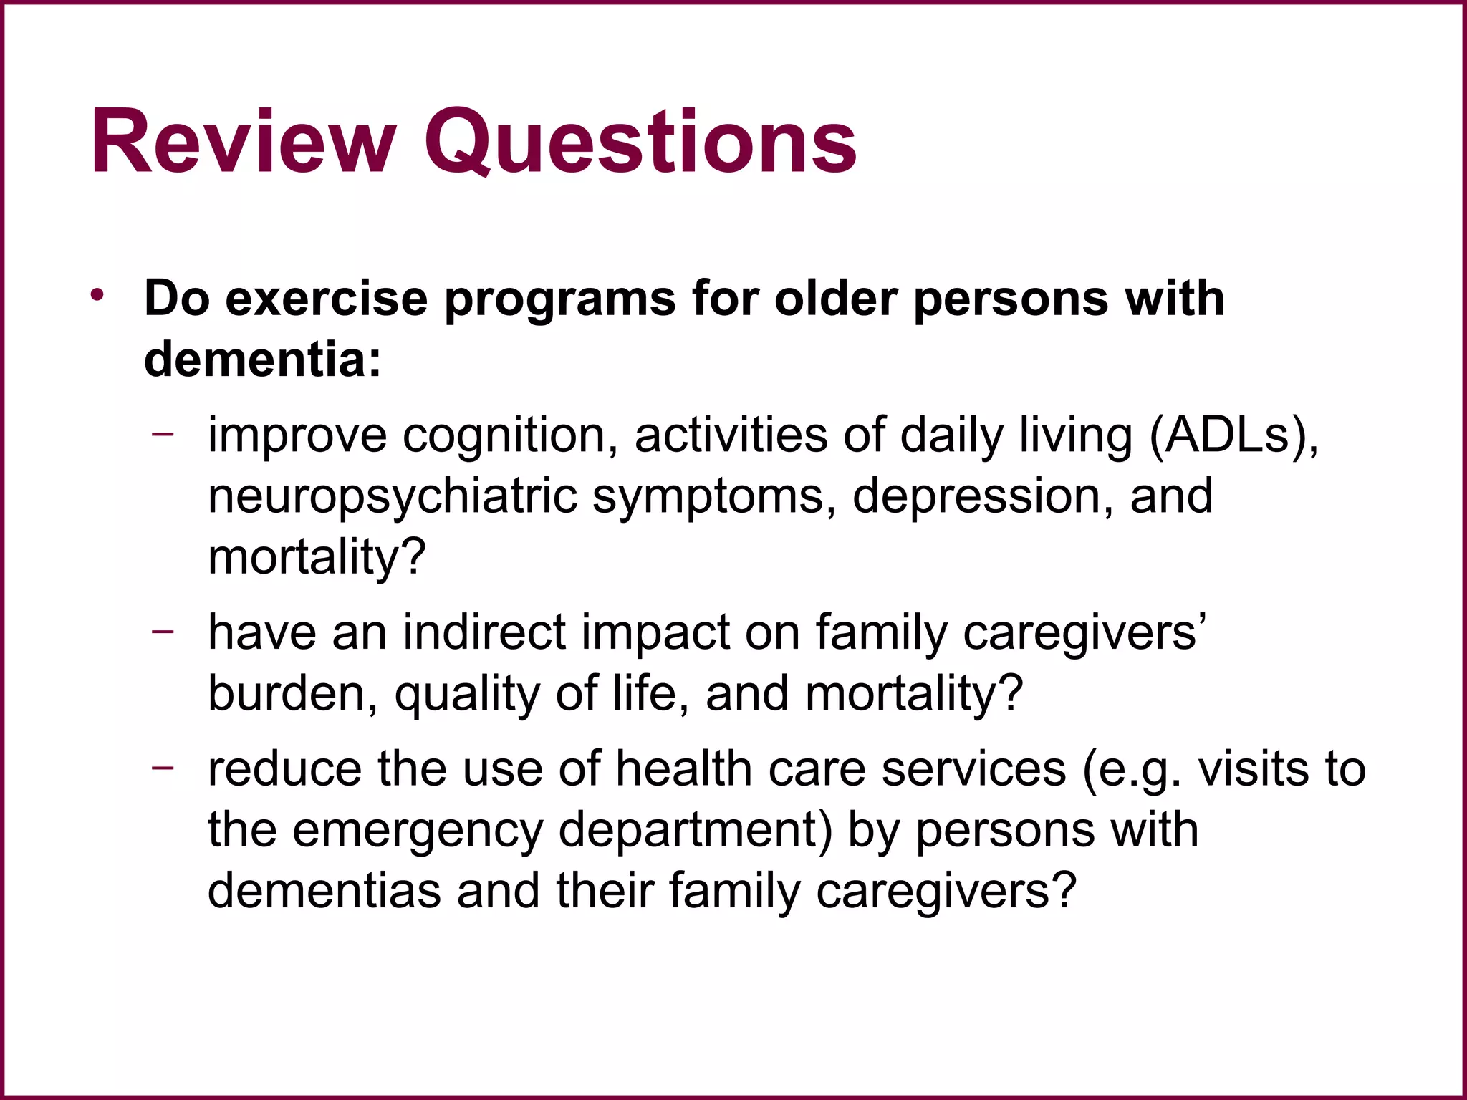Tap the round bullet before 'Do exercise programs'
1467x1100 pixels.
(98, 295)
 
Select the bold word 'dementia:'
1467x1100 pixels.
(262, 359)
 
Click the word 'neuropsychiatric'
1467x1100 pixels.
(392, 496)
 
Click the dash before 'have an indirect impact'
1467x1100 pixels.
(163, 631)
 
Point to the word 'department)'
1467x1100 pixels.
(695, 831)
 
